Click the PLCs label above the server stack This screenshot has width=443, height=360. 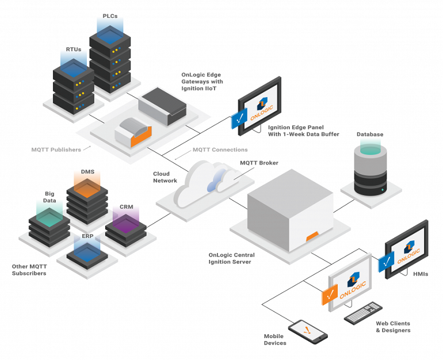tap(109, 16)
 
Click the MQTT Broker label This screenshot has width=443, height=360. tap(259, 163)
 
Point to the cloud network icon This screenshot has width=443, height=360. tap(204, 181)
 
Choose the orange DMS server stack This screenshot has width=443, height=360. tap(87, 198)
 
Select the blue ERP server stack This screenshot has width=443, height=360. tap(87, 253)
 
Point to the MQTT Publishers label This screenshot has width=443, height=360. tap(56, 150)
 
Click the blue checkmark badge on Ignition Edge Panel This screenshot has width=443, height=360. tap(239, 120)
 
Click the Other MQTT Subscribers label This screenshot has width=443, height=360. tap(29, 270)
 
